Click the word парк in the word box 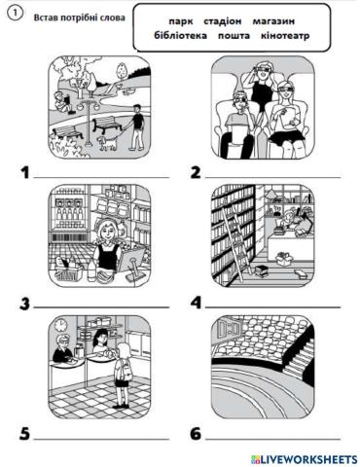coord(181,21)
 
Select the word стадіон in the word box coord(223,21)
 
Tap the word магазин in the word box coord(273,21)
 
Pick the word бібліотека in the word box coord(180,35)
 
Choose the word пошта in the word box coord(234,35)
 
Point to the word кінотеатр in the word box coord(285,35)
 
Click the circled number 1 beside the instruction coord(16,14)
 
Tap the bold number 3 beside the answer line coord(24,305)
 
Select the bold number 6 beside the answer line coord(196,434)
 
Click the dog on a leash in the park coord(107,142)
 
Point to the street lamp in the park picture coord(87,122)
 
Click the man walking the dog coord(137,127)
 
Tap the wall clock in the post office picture coord(59,325)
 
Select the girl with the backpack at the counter coord(122,376)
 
